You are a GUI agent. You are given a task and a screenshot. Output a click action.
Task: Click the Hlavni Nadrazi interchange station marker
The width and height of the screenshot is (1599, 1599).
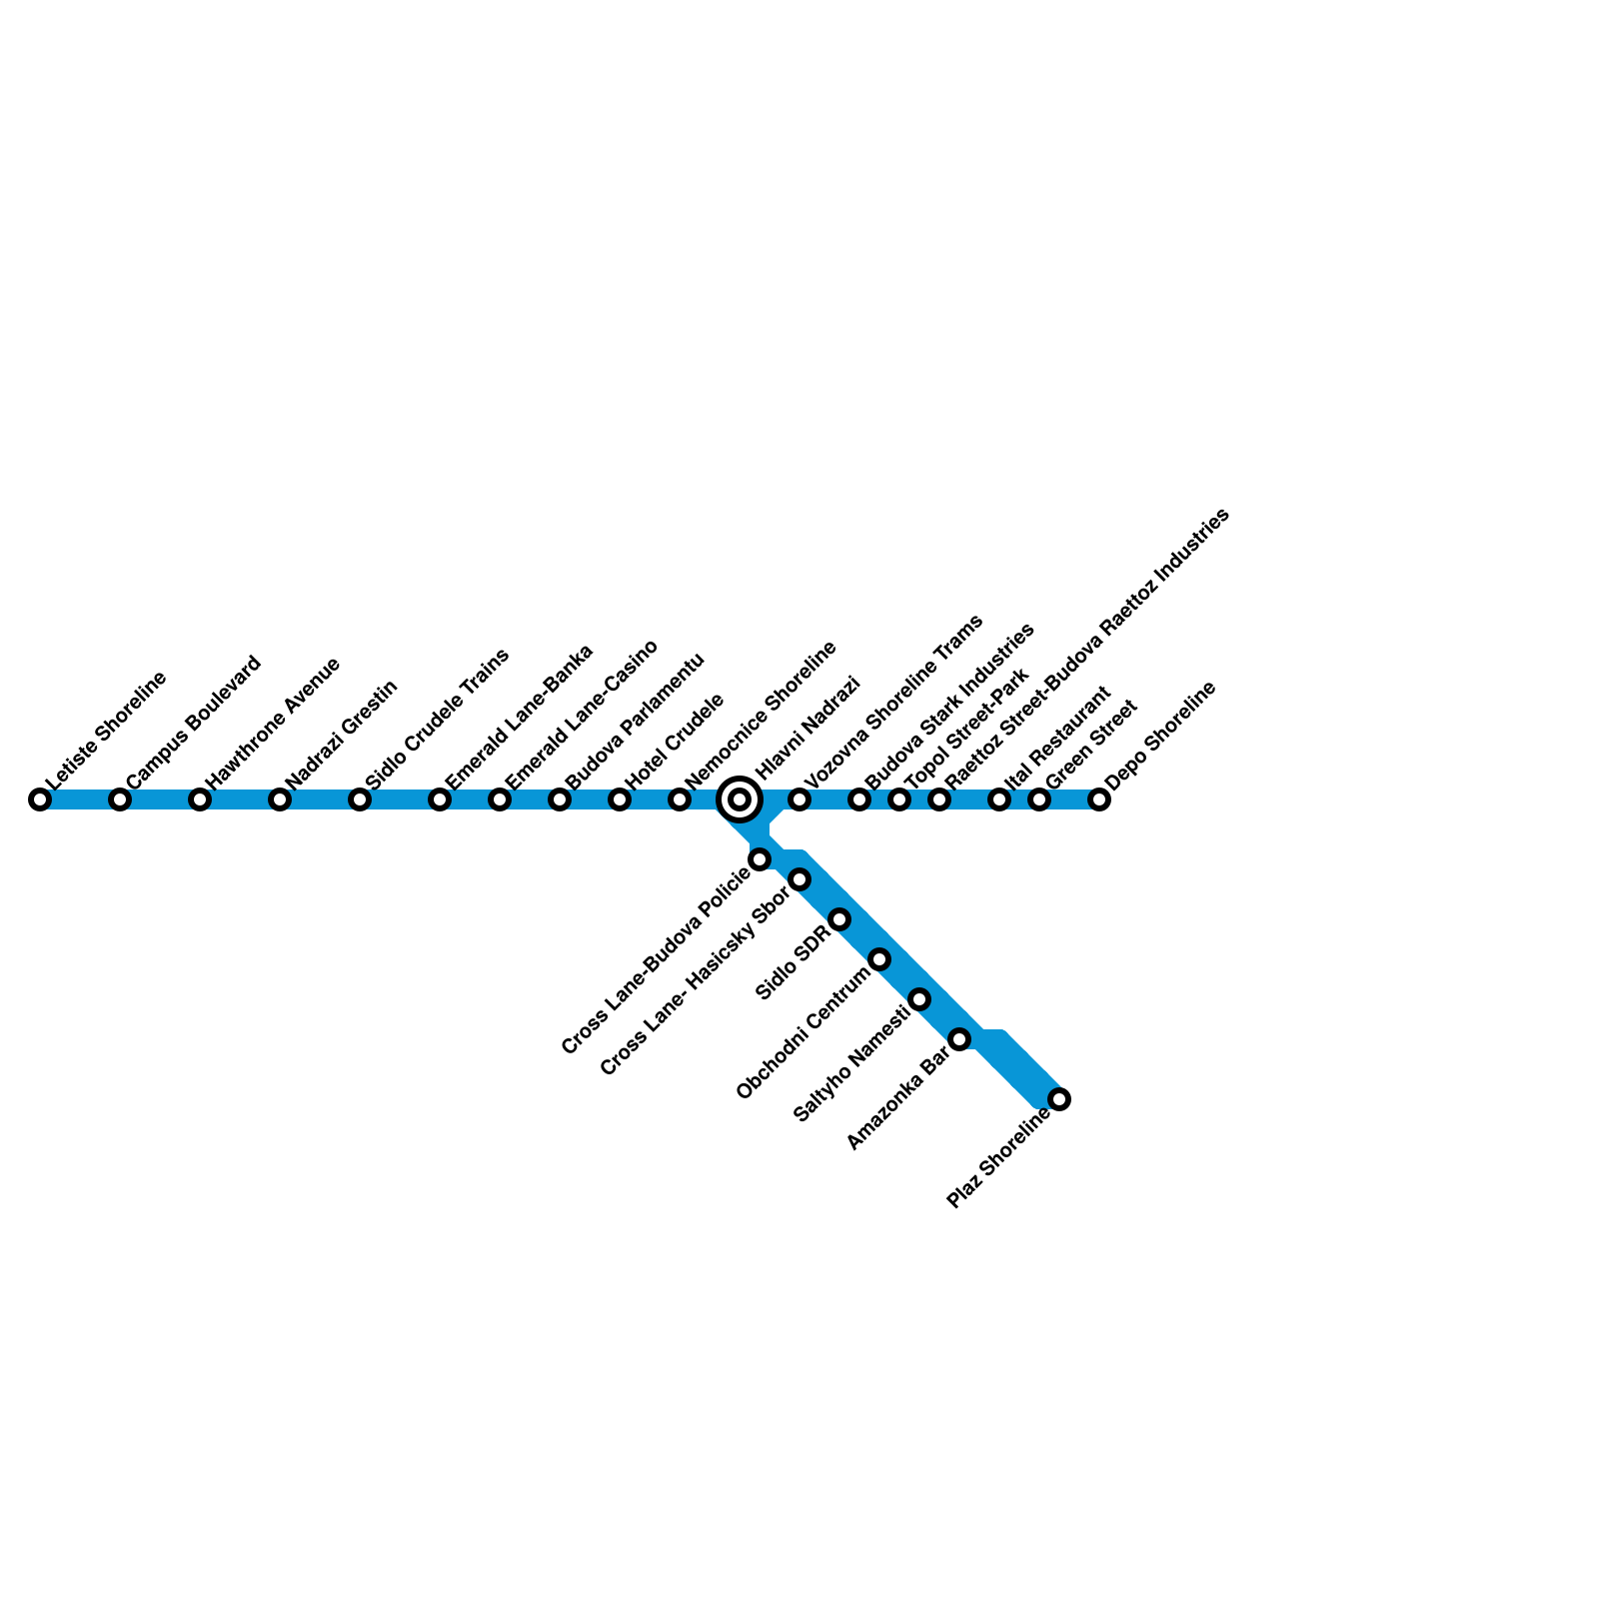pyautogui.click(x=740, y=799)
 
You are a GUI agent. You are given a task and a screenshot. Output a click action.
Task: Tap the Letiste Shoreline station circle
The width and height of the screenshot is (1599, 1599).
pyautogui.click(x=40, y=799)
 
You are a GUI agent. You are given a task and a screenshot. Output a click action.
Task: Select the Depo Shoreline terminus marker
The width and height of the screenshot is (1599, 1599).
pyautogui.click(x=1099, y=799)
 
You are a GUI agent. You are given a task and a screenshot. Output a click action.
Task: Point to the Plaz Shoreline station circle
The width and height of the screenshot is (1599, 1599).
pyautogui.click(x=1059, y=1099)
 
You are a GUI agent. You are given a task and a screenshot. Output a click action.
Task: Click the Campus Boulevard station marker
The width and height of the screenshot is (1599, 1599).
pyautogui.click(x=120, y=799)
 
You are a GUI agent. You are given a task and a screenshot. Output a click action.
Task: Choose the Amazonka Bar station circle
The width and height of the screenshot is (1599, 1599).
pyautogui.click(x=959, y=1039)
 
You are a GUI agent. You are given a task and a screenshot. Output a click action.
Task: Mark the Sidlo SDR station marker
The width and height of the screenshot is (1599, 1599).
pyautogui.click(x=839, y=919)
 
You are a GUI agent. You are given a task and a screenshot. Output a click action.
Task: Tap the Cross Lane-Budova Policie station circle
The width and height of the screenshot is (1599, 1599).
pyautogui.click(x=760, y=859)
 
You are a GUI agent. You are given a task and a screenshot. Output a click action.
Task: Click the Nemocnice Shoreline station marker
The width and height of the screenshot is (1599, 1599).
pyautogui.click(x=680, y=799)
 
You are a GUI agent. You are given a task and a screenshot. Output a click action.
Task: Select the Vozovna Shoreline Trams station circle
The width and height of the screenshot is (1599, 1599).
pyautogui.click(x=799, y=799)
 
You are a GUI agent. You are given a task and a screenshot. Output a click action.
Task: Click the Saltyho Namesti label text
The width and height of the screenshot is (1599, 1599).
pyautogui.click(x=851, y=1065)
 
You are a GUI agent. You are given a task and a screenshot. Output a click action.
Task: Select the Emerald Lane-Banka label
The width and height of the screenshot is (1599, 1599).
pyautogui.click(x=519, y=717)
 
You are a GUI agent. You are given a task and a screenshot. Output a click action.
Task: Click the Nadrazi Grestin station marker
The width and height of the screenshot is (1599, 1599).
pyautogui.click(x=280, y=799)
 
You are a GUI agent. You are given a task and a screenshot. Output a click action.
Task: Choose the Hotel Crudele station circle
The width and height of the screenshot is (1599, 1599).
pyautogui.click(x=620, y=799)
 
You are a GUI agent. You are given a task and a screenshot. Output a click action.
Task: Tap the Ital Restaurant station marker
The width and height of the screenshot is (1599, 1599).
pyautogui.click(x=999, y=799)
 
